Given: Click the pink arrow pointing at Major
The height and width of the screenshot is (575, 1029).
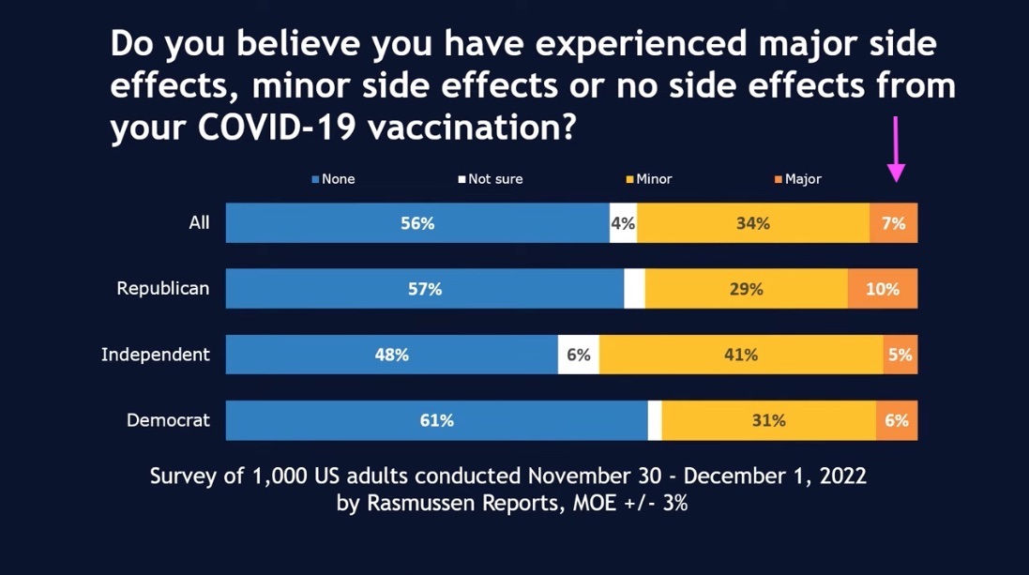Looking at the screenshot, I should coord(896,150).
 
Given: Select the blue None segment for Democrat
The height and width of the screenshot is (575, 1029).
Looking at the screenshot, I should coord(436,421).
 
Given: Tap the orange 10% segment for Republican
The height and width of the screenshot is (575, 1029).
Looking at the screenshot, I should coord(882,290).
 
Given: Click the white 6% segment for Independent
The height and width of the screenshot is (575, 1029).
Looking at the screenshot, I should coord(578,356).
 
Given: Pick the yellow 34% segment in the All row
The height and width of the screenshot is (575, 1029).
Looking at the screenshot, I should coord(752,223).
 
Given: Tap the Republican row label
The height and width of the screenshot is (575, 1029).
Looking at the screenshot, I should coord(162,289).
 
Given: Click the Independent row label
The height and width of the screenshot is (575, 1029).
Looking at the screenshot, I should coord(156,355).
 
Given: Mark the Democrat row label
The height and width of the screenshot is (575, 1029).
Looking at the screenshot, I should coord(168,420).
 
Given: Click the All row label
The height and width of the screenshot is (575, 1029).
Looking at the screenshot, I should coord(199,223).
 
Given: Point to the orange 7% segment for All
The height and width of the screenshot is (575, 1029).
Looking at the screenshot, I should coord(893,223).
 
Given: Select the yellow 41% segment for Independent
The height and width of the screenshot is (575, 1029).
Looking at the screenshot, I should coord(740,356).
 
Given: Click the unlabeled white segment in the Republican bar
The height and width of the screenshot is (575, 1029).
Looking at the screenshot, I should coord(634,290).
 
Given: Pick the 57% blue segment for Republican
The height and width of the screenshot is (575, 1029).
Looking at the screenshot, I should coord(424,290).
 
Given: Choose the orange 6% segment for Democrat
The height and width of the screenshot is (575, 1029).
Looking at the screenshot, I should coord(896,421).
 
